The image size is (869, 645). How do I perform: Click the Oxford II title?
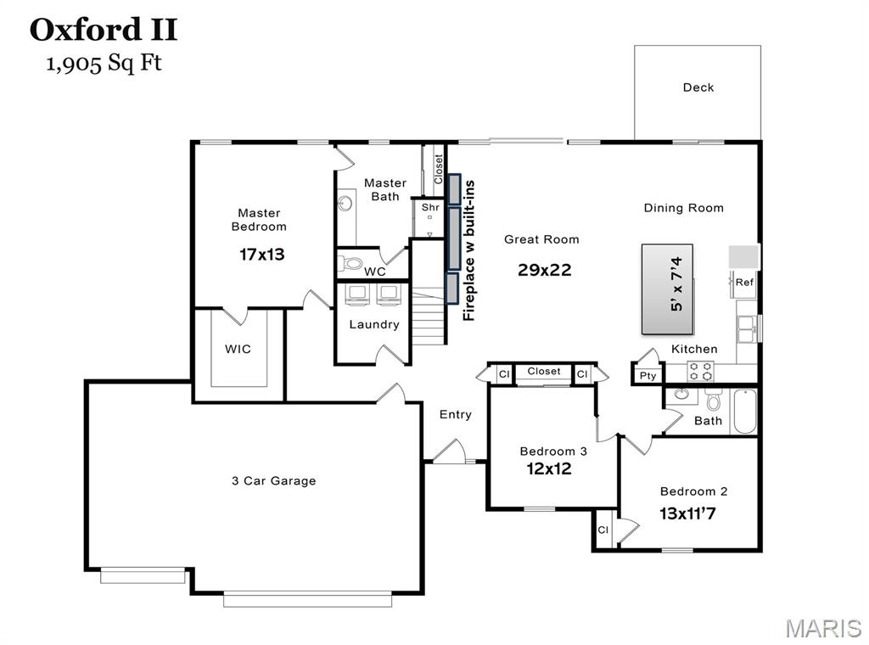point(104,30)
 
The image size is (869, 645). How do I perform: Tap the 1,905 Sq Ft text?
point(104,64)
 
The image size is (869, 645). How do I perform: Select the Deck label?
point(698,87)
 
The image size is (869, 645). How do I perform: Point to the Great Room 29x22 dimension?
point(544,270)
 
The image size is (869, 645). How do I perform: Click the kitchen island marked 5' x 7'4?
point(667,289)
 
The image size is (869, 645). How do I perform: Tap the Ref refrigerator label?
point(744,283)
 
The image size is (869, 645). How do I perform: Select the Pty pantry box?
point(648,375)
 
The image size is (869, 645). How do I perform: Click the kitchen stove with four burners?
point(700,371)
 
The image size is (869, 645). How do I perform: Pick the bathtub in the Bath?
point(743,411)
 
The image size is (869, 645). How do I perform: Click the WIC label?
point(238,349)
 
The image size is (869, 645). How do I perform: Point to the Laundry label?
point(374,324)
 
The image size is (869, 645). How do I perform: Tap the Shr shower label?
point(430,207)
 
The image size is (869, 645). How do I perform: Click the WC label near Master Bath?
point(375,272)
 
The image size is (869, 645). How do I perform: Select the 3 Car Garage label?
point(273,480)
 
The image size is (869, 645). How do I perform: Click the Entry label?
point(455,414)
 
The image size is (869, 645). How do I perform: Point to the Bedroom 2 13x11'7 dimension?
point(693,513)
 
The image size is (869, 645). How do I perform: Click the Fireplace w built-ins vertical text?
point(468,250)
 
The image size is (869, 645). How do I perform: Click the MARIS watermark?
point(823,628)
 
